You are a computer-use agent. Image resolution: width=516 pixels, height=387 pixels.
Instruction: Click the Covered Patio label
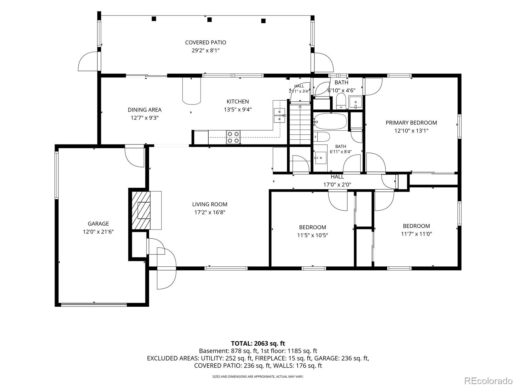tap(205, 43)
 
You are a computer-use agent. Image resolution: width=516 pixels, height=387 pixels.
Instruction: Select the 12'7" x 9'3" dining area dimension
tap(144, 117)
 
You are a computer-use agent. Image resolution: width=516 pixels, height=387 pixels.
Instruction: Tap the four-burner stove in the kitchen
tap(233, 137)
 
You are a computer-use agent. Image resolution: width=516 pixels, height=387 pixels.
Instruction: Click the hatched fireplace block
tap(141, 210)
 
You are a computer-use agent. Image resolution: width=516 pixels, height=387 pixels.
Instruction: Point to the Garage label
tap(98, 224)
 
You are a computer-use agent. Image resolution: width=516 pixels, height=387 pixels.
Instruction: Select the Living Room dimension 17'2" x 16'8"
tap(210, 213)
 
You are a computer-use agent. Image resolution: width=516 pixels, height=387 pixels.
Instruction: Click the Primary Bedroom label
tap(412, 123)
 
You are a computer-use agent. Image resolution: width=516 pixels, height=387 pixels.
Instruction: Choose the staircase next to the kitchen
tap(300, 124)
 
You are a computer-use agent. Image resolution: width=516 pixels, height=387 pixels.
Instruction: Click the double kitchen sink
tap(280, 115)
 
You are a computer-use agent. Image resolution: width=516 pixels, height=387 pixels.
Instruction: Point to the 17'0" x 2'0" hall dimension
tap(337, 185)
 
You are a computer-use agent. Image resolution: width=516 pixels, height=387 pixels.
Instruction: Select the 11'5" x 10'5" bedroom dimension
tap(313, 235)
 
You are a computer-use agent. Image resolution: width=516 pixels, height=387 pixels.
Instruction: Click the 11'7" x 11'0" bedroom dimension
tap(416, 234)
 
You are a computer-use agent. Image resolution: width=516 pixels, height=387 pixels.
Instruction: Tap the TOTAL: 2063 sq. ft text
tap(258, 343)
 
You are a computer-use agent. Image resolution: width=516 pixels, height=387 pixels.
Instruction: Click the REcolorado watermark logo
tap(489, 381)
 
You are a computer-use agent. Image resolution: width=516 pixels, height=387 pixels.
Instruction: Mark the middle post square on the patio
tap(209, 20)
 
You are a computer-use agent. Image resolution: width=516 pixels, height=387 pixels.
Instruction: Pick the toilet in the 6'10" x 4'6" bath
tap(341, 101)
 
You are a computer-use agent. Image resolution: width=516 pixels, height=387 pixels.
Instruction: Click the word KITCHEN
tap(238, 102)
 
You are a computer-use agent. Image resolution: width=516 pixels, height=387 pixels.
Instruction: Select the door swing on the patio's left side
tap(88, 61)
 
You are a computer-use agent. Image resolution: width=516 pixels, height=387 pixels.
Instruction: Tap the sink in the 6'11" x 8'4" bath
tap(320, 158)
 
